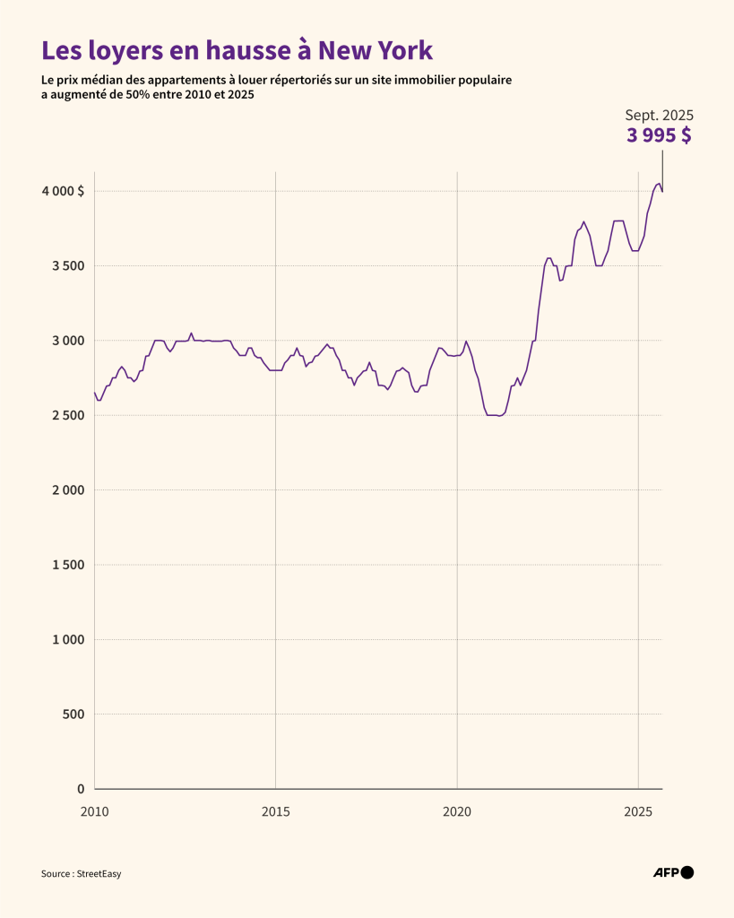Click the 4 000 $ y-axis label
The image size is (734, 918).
click(x=62, y=191)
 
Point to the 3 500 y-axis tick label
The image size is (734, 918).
click(x=66, y=266)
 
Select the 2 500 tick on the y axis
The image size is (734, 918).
click(x=66, y=415)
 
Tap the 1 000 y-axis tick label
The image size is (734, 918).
click(x=66, y=639)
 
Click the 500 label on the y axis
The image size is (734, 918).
click(x=73, y=714)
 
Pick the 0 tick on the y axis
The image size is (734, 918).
click(x=81, y=789)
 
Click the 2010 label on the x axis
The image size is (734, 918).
click(x=94, y=811)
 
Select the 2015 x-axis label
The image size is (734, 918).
click(x=275, y=811)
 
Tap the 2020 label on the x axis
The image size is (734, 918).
click(x=457, y=811)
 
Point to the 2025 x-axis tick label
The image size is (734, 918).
click(x=638, y=811)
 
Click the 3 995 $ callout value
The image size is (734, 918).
click(x=659, y=136)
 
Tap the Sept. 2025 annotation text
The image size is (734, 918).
click(x=659, y=116)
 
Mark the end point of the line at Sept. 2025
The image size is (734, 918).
click(x=662, y=191)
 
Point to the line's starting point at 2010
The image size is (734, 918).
click(x=94, y=392)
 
